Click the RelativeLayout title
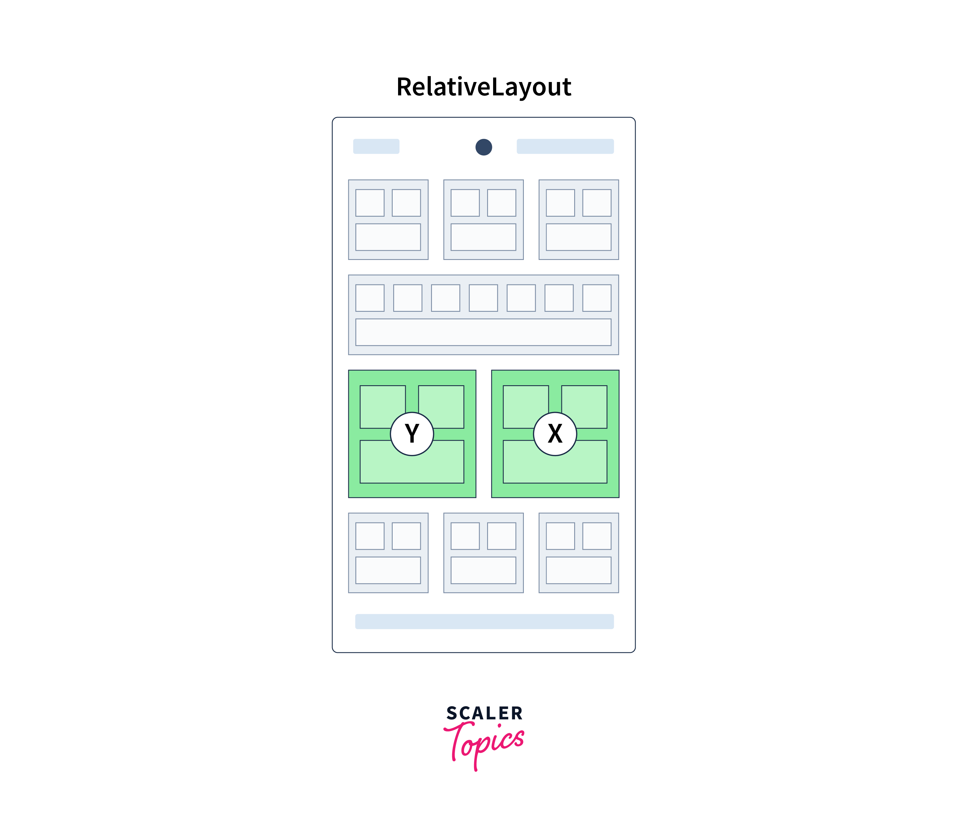click(483, 87)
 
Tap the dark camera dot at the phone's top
click(483, 147)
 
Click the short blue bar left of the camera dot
click(376, 146)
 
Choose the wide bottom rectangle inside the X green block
click(555, 470)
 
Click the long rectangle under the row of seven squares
click(483, 332)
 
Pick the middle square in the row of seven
click(483, 298)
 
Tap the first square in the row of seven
click(370, 298)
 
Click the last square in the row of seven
click(597, 298)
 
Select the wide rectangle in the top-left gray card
click(388, 237)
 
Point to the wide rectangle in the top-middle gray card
click(483, 237)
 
